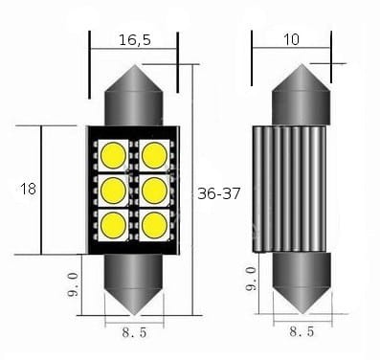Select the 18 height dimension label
(27, 190)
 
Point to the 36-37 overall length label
(219, 191)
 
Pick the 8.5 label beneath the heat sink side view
(302, 331)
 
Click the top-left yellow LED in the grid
(113, 153)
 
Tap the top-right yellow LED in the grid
(153, 153)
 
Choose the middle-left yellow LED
(113, 189)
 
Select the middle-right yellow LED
(153, 189)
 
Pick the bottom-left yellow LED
(113, 225)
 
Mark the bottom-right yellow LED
(153, 225)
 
